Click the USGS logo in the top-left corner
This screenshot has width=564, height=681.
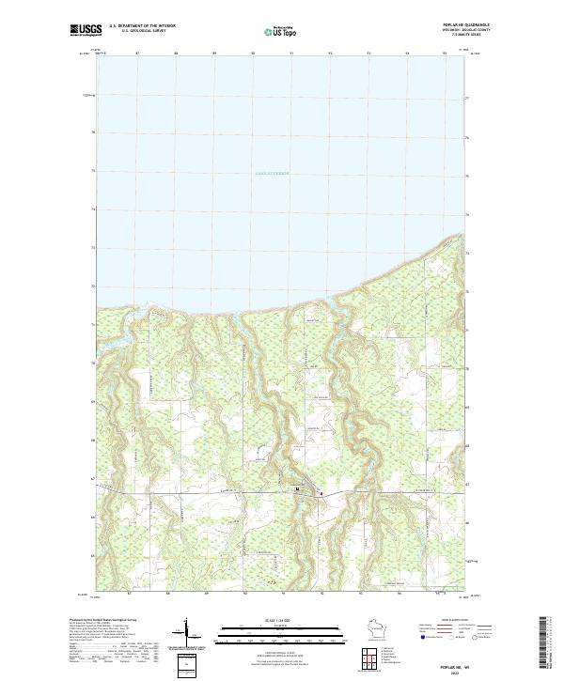coord(86,31)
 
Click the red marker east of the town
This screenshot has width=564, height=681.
coord(321,492)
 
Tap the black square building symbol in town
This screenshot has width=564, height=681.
coord(298,488)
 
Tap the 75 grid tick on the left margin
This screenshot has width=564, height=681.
coord(93,171)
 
